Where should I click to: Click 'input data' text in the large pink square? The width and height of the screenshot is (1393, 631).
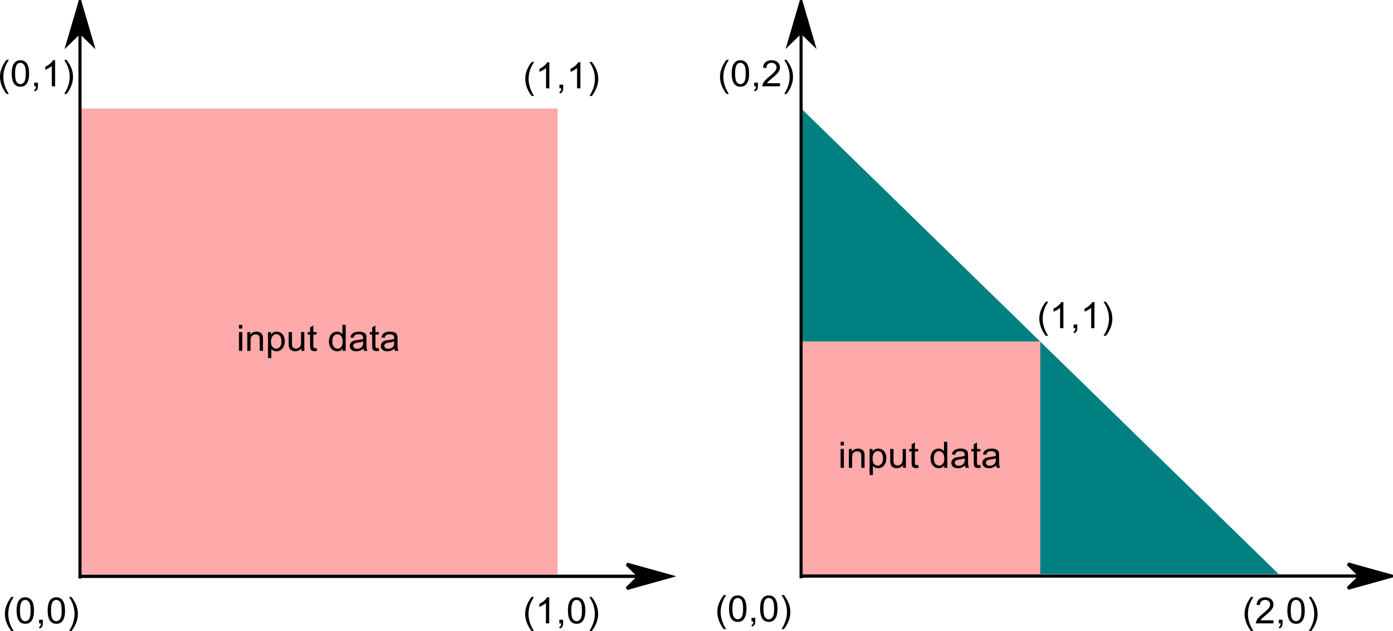point(318,339)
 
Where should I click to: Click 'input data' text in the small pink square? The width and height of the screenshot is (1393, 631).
point(920,456)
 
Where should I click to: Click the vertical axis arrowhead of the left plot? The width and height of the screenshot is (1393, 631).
point(80,24)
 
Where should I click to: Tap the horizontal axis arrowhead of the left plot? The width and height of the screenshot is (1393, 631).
point(651,576)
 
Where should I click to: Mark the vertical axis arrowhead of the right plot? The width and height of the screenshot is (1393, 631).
point(801,24)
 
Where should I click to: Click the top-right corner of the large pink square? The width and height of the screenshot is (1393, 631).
point(558,109)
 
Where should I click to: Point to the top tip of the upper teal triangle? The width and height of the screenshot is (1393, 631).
point(803,110)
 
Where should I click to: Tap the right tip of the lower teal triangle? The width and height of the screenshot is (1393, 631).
point(1278,574)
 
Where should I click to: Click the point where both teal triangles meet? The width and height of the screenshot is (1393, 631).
point(1040,342)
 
